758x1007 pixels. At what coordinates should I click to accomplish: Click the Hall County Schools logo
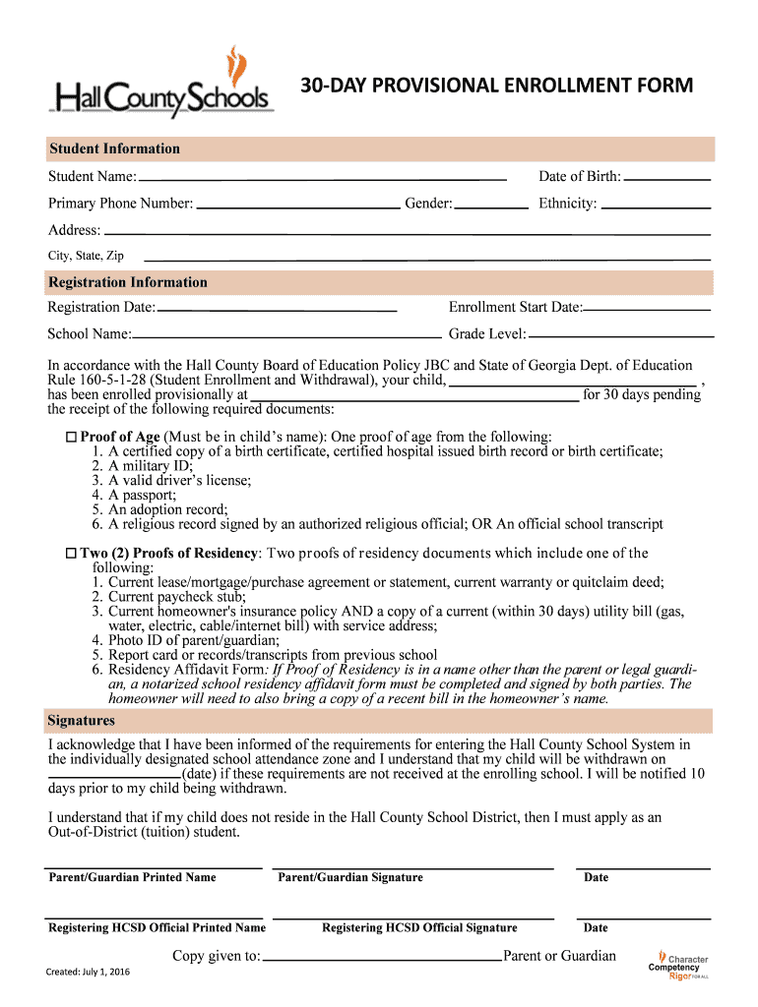pos(161,85)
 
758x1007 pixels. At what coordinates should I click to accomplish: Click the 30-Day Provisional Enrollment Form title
pos(496,86)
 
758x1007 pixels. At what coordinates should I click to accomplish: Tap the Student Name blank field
pos(322,178)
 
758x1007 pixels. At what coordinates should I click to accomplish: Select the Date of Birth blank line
pos(667,178)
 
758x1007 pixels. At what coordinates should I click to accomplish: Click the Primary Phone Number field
pos(297,206)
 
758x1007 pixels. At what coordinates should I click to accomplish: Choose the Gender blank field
pos(491,206)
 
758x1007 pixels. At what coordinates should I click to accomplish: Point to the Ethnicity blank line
pos(656,206)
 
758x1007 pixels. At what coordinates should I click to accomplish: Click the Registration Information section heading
pos(128,282)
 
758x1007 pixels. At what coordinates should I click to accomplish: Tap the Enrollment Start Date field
pos(648,309)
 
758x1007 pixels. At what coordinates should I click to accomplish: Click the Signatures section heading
pos(82,721)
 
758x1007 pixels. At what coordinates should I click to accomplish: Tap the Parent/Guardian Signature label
pos(350,877)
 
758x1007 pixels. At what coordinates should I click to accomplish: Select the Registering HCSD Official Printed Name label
pos(158,927)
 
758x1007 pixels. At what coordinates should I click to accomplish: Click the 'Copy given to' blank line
pos(383,958)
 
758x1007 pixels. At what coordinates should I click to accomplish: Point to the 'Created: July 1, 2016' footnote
pos(88,973)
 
